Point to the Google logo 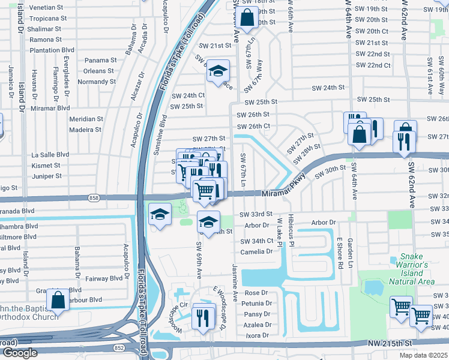pyautogui.click(x=20, y=353)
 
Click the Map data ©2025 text pyautogui.click(x=423, y=355)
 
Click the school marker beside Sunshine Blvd pyautogui.click(x=160, y=215)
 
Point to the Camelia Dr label pyautogui.click(x=256, y=251)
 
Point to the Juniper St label pyautogui.click(x=46, y=176)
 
